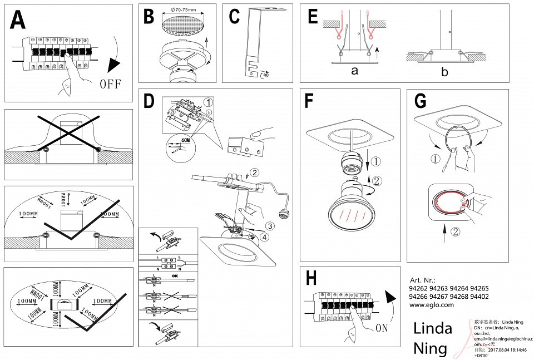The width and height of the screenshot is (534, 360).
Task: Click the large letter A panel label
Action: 18,21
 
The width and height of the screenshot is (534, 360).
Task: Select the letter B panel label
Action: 148,17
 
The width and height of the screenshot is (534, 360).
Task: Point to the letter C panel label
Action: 234,17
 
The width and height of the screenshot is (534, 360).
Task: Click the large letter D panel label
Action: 149,101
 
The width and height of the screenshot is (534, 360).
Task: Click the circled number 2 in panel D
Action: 255,172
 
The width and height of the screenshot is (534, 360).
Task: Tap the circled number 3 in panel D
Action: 269,226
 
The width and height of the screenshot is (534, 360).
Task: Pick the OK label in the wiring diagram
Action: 175,275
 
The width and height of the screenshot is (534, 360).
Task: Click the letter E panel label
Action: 312,17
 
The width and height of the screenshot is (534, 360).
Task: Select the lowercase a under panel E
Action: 354,72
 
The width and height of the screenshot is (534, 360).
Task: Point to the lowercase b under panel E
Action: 444,72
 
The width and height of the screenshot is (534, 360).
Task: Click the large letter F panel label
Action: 311,101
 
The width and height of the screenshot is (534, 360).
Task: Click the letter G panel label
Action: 421,101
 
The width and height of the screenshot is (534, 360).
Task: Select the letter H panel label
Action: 312,278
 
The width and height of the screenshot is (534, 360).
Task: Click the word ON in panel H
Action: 382,328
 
